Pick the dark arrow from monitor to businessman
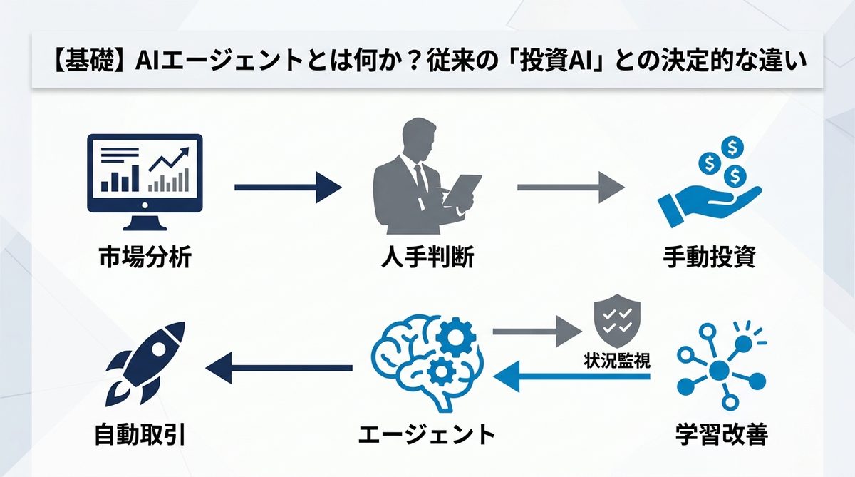pos(288,188)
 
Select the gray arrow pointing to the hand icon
pos(570,188)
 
